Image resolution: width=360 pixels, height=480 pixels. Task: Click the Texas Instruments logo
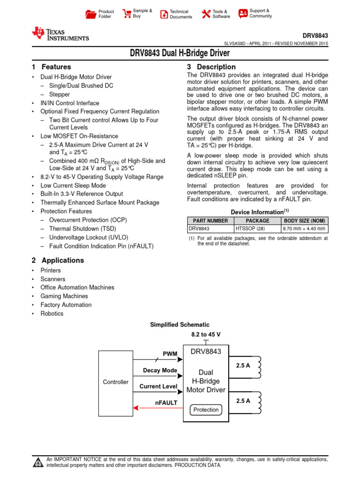[60, 34]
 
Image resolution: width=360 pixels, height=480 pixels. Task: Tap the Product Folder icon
[90, 14]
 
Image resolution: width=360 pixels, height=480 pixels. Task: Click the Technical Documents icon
[164, 14]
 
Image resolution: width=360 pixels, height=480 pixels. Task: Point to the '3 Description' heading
[211, 67]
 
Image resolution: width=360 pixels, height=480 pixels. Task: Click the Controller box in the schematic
[116, 382]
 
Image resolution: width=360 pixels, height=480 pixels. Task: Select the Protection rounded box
[206, 410]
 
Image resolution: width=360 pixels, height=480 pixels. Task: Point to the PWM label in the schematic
[170, 353]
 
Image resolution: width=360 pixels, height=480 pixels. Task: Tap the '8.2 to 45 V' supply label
[206, 334]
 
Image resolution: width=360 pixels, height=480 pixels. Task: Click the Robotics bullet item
[52, 314]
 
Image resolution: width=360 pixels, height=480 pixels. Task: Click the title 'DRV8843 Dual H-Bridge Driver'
[180, 53]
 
